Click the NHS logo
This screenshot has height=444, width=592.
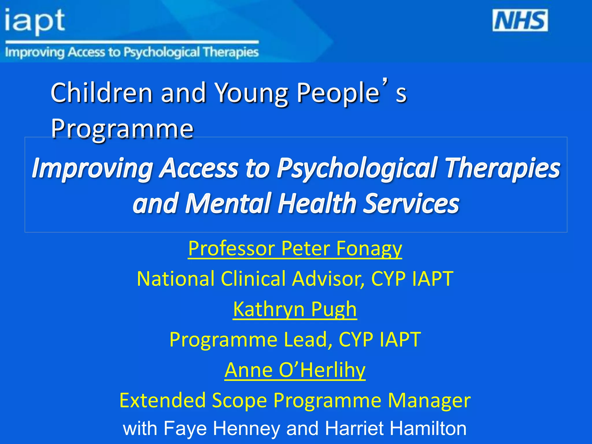520,20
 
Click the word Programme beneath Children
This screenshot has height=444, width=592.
122,128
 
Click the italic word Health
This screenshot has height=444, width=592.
317,203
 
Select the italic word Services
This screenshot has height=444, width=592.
411,203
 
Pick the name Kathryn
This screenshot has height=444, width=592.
269,309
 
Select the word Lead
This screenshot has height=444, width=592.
308,339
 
